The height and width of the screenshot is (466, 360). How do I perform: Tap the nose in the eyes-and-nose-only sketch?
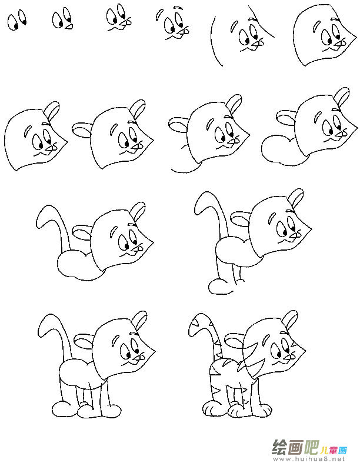(69, 26)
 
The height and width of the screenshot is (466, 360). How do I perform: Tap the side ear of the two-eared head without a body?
(81, 128)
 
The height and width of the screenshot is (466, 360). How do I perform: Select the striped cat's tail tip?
(192, 325)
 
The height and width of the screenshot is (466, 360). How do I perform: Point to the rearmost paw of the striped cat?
(210, 408)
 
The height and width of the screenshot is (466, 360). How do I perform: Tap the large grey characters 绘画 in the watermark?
(289, 447)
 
